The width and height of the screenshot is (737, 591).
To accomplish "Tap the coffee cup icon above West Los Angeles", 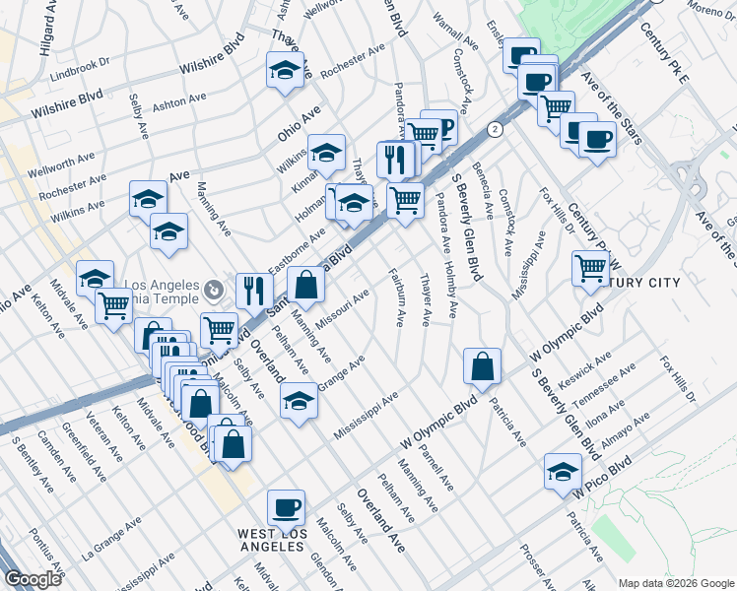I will (287, 506).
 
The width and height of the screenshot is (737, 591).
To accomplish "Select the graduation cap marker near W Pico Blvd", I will (563, 470).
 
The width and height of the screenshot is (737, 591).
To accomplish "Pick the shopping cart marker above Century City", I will (590, 267).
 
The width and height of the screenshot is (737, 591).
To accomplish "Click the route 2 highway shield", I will (495, 129).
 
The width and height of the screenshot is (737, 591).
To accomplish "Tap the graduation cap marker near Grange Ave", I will (299, 401).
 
